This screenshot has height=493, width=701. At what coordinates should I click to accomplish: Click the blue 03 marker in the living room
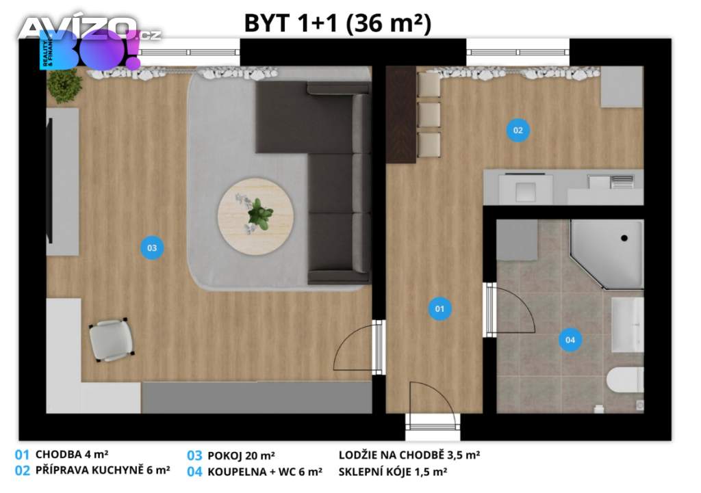point(152,248)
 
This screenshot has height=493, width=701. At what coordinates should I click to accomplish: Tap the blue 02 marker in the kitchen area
point(518,130)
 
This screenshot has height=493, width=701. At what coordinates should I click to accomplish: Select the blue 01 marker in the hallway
point(439,308)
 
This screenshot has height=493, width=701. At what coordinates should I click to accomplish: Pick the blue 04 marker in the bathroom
point(570,340)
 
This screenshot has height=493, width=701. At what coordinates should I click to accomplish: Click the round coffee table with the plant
point(256,217)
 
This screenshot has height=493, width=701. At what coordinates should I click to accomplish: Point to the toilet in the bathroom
point(625,380)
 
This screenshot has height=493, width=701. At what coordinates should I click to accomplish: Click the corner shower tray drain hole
point(624,238)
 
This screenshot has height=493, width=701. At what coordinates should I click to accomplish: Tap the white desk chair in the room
point(111,340)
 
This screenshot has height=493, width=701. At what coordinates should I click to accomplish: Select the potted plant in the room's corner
point(65,85)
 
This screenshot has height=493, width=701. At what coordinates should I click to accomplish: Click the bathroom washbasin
point(628,325)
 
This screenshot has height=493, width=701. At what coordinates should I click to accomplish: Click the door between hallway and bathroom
point(509,310)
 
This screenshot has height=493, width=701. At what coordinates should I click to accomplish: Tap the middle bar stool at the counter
point(429,115)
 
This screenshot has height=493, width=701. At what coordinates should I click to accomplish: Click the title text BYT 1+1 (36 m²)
point(338,23)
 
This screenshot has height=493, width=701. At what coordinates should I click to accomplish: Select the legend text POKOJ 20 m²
point(241,455)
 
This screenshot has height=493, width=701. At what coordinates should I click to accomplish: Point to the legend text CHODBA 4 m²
point(72,455)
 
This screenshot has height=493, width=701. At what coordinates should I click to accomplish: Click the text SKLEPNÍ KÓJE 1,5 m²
point(392,472)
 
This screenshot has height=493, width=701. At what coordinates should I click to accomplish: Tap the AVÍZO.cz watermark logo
point(90,29)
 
